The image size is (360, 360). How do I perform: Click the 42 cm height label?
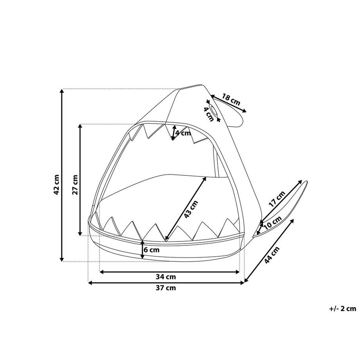[57, 185]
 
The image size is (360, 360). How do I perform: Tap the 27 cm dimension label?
[76, 184]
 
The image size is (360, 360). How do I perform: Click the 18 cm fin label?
[231, 100]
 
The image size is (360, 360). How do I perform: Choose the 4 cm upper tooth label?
[183, 133]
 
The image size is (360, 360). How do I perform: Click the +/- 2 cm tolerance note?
[343, 308]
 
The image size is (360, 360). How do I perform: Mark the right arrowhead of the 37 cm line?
[243, 283]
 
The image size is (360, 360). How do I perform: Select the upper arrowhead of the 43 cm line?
[205, 178]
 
